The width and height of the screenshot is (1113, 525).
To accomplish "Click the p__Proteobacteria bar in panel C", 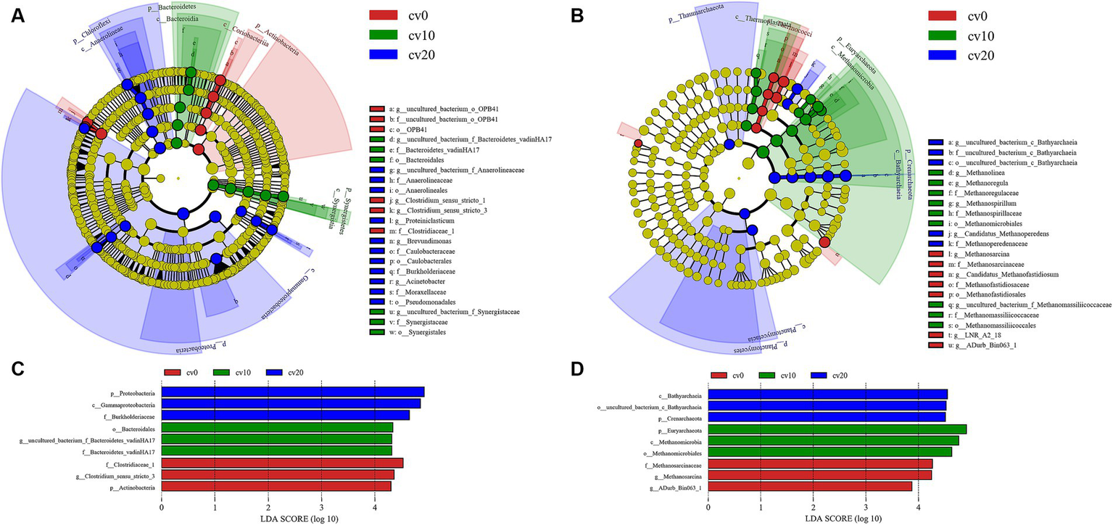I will (x=293, y=392).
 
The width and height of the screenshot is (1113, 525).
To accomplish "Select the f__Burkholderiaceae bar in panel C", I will (x=286, y=416).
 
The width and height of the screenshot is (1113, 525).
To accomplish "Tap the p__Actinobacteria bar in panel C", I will (x=276, y=487).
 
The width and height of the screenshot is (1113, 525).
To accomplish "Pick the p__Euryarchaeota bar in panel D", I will (x=837, y=430).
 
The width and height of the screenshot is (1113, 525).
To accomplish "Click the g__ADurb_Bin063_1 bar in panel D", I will (x=810, y=487).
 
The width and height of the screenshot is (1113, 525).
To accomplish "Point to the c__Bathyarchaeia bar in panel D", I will (x=827, y=394).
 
